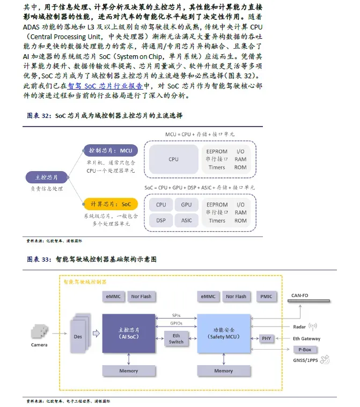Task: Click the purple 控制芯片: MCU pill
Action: (111, 151)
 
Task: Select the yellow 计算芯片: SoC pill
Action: (111, 204)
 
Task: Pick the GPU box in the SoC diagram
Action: (186, 205)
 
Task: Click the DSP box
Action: (161, 220)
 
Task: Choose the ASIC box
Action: (186, 220)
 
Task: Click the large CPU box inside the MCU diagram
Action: (173, 159)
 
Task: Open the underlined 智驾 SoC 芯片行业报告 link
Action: (113, 85)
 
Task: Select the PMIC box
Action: (266, 297)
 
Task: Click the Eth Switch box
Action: (176, 338)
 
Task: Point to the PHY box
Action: (267, 338)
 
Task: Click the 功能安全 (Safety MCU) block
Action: (223, 333)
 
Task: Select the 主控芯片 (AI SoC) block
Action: (128, 333)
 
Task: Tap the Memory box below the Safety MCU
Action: (223, 371)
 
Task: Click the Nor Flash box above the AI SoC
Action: (141, 297)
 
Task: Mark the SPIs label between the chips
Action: (176, 315)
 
